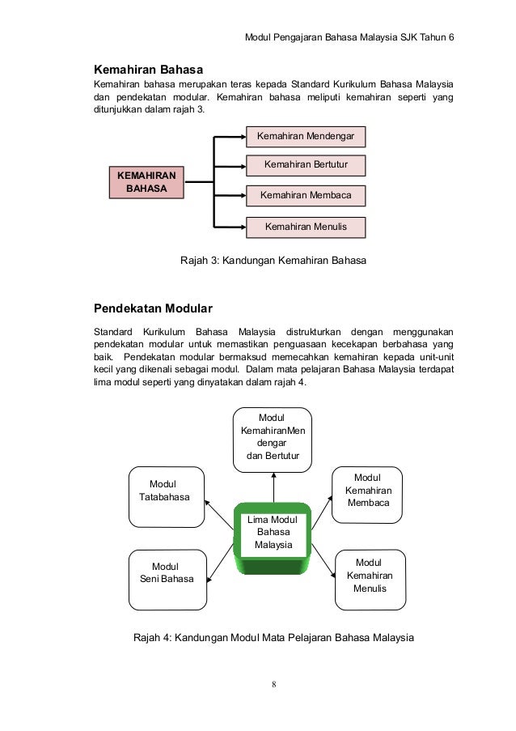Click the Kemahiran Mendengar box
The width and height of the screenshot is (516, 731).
[x=306, y=135]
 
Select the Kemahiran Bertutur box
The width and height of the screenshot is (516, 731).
[x=306, y=165]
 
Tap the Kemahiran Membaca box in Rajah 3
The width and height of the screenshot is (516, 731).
[x=306, y=195]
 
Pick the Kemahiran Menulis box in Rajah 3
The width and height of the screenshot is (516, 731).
[x=306, y=227]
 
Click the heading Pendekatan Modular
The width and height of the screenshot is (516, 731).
[x=154, y=308]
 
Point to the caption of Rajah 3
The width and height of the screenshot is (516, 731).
[x=273, y=261]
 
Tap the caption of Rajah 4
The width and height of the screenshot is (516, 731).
[x=273, y=637]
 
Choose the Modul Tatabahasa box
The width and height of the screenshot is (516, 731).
[x=166, y=491]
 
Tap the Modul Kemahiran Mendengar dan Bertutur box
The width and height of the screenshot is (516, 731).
[x=273, y=437]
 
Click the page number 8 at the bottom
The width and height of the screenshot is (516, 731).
[x=273, y=685]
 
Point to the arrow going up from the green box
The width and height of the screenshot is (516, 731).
[x=273, y=486]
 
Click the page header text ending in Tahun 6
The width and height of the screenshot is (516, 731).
[x=349, y=39]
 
